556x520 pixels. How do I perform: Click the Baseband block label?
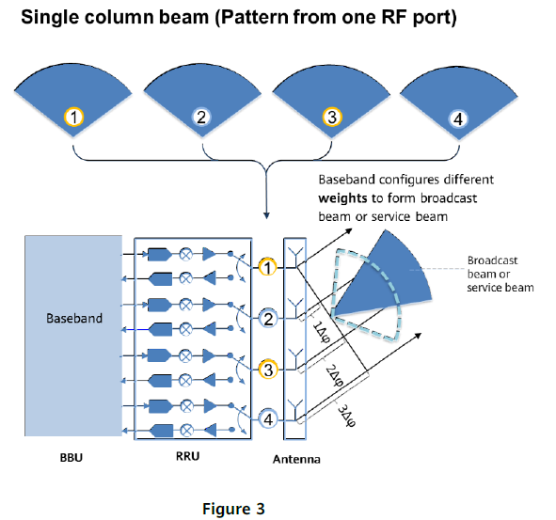pos(74,318)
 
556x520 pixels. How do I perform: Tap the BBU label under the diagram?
pos(71,458)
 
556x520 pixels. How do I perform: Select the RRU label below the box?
pos(187,456)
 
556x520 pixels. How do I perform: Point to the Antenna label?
pos(296,459)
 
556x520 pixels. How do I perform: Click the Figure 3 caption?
pos(233,509)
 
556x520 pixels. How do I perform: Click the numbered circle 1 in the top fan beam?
pos(73,117)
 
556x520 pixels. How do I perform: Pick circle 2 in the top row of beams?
pos(201,117)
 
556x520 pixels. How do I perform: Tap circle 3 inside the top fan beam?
pos(332,117)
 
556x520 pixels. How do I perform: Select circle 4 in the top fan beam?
pos(458,119)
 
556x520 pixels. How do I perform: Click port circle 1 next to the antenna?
pos(268,267)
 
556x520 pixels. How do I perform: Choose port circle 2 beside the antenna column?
pos(268,319)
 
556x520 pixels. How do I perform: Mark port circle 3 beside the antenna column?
pos(268,370)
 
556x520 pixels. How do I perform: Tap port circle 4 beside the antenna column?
pos(268,419)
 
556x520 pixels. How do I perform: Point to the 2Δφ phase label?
pos(334,376)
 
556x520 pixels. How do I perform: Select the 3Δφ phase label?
pos(346,416)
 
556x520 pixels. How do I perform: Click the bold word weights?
pos(342,198)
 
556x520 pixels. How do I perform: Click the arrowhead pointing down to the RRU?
pos(266,215)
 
